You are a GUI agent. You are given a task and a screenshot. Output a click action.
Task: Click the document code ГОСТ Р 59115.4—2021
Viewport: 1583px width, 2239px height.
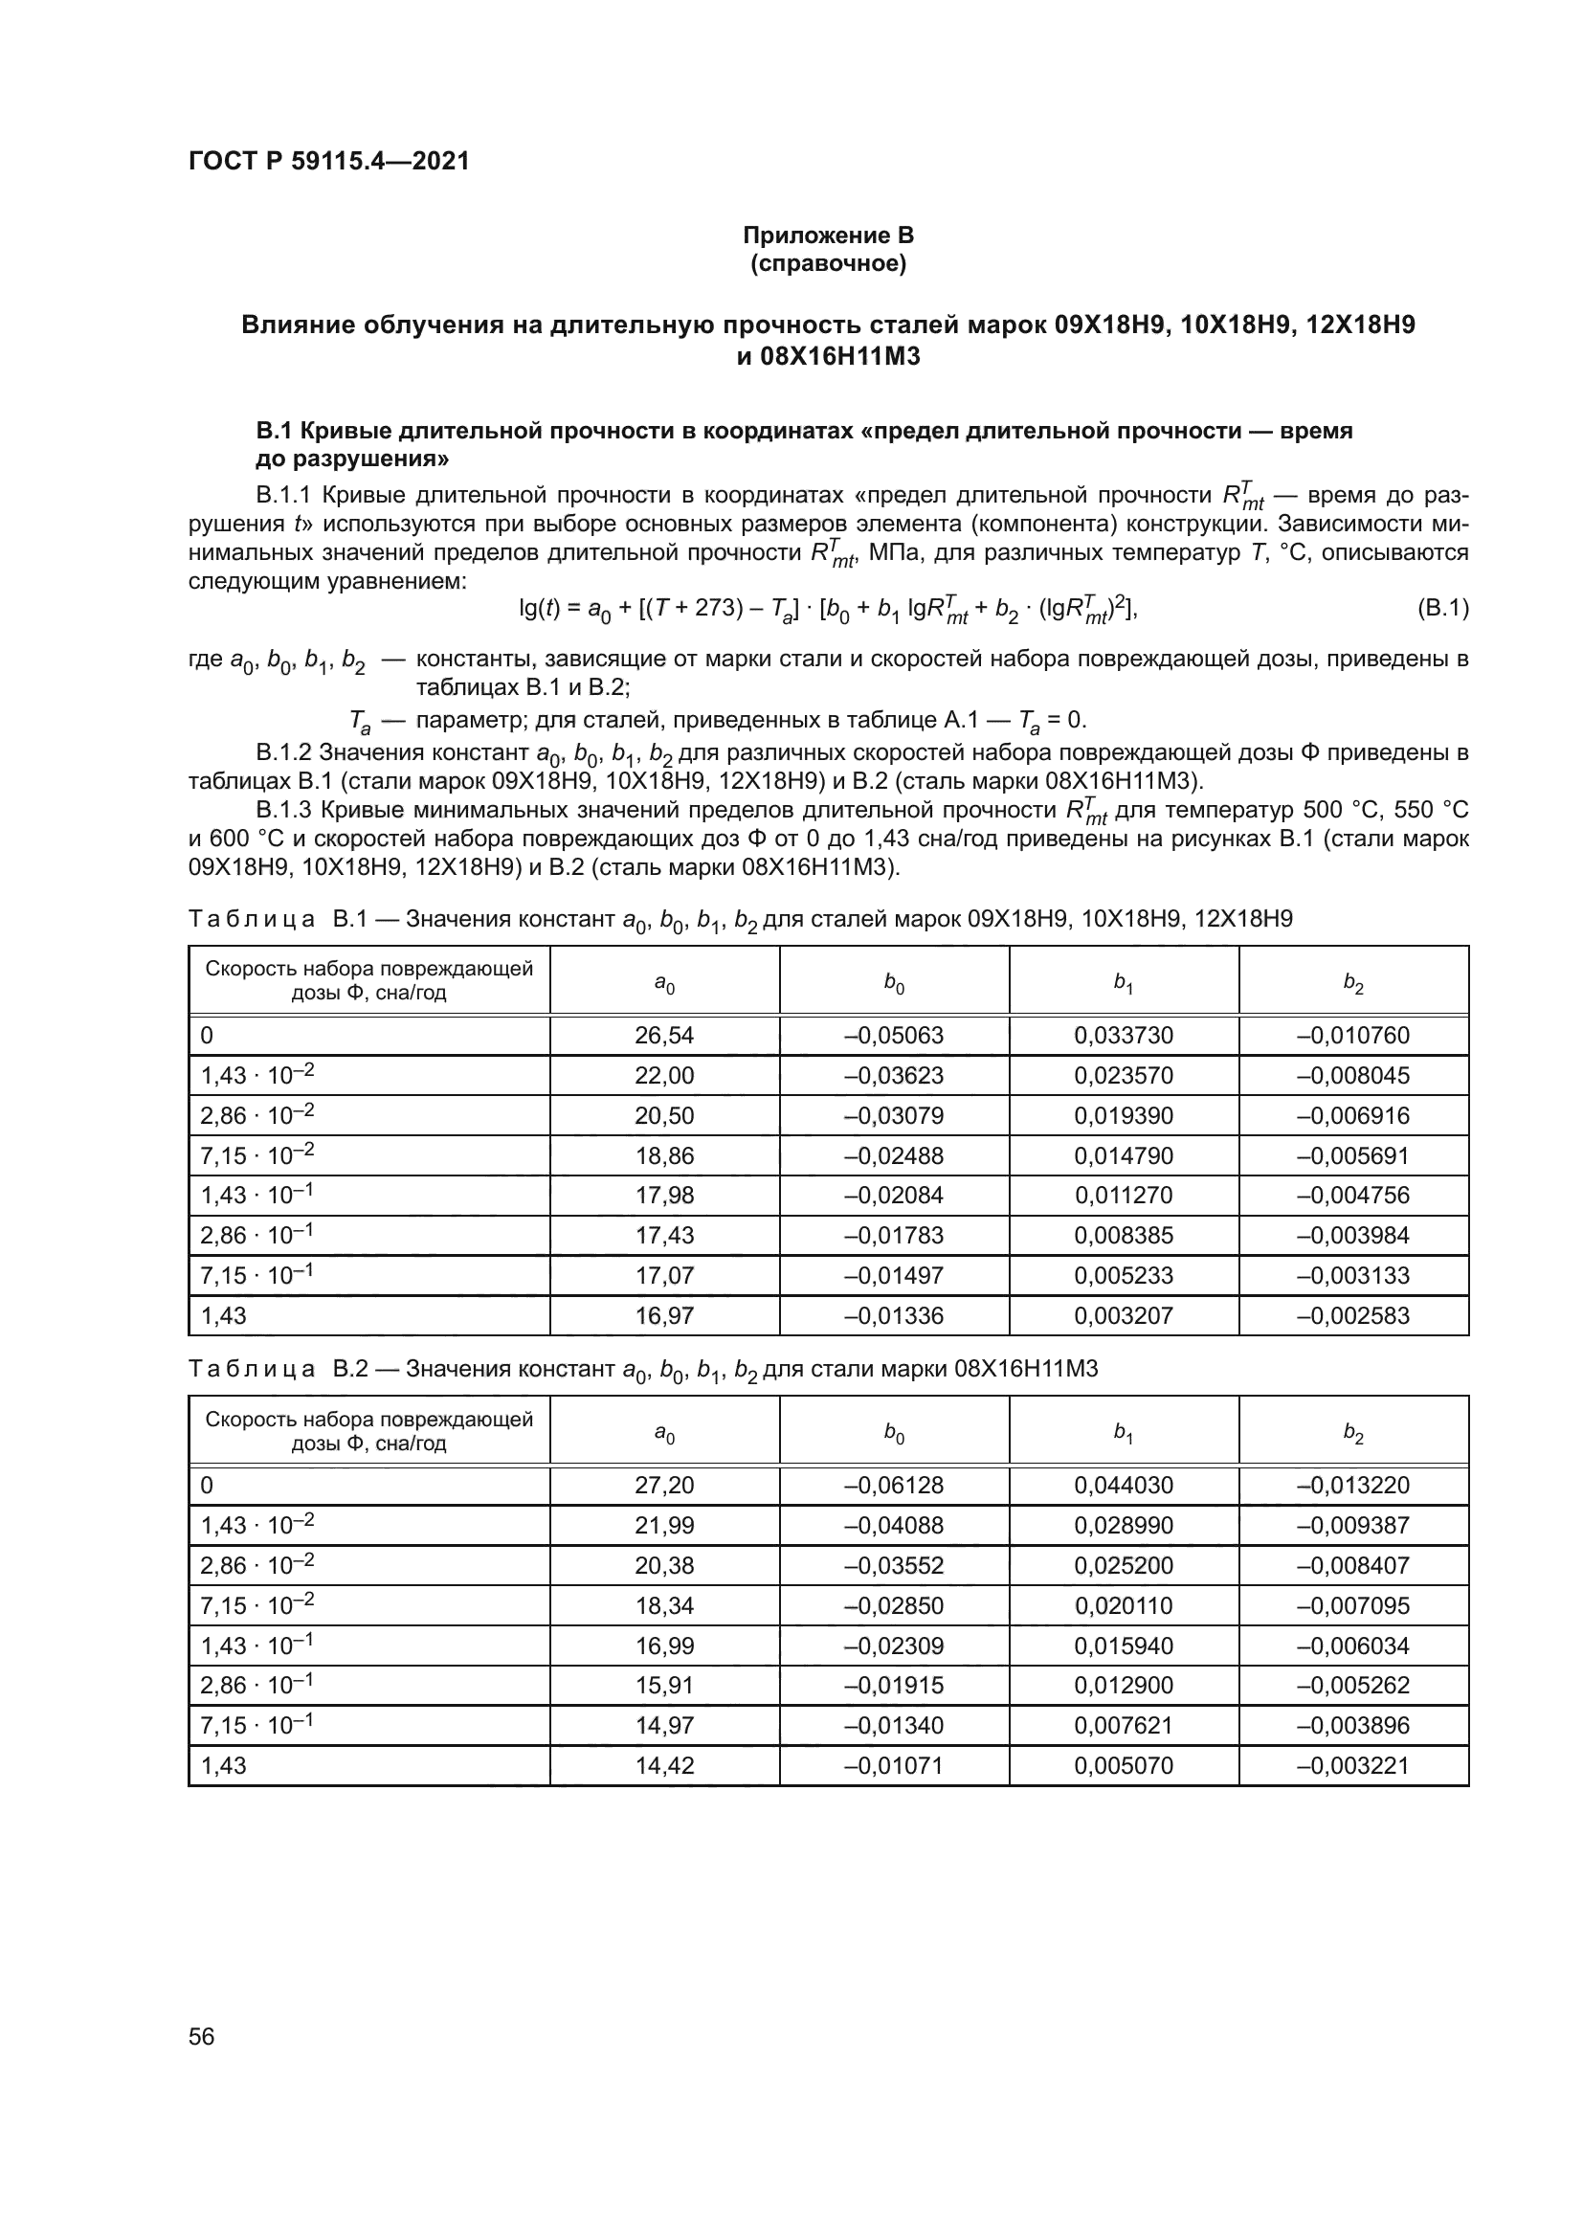tap(328, 161)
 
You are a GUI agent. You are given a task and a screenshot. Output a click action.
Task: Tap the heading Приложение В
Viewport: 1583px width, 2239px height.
tap(828, 235)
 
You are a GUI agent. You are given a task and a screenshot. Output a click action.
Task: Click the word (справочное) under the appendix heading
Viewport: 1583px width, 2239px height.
tap(828, 263)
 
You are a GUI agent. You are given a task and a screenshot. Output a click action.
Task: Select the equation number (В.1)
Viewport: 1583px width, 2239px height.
tap(1441, 609)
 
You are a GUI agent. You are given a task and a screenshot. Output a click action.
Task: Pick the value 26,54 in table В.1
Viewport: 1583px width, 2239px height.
tap(664, 1036)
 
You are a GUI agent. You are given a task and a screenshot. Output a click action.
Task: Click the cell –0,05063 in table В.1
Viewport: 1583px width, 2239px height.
tap(893, 1036)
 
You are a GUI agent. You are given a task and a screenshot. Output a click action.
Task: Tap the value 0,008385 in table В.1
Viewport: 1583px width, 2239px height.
tap(1123, 1236)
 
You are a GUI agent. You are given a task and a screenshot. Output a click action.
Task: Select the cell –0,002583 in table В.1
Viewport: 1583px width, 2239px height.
tap(1352, 1315)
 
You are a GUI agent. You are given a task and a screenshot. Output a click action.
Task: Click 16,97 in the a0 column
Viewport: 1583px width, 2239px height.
tap(664, 1315)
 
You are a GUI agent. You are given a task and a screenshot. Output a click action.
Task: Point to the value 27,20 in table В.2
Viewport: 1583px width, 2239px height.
tap(664, 1486)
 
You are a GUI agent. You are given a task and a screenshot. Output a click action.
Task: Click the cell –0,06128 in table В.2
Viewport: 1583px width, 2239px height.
tap(893, 1486)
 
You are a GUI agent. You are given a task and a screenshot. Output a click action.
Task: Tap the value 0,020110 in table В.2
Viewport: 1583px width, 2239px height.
tap(1123, 1605)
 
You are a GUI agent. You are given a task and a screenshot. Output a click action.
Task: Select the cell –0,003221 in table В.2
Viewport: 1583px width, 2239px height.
tap(1352, 1765)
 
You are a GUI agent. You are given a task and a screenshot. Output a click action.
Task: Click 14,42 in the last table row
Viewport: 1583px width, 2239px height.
tap(664, 1765)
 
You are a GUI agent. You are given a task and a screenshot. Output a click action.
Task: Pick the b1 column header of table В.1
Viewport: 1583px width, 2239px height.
tap(1123, 983)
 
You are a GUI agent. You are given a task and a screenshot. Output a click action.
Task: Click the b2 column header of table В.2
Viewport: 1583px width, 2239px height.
tap(1352, 1433)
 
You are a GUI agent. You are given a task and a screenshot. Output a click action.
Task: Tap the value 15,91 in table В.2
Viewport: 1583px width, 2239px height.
tap(664, 1685)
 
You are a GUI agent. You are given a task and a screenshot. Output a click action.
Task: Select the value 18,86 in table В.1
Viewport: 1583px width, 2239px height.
tap(664, 1155)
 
